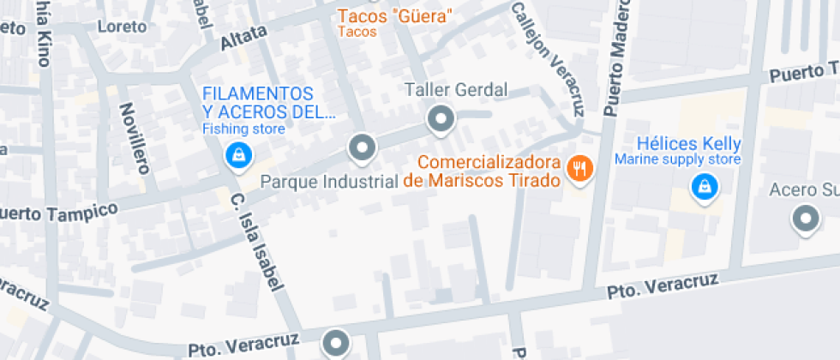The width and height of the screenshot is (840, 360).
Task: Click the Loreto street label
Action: pos(117,26)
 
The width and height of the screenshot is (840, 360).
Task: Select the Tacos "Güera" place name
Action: pos(395,16)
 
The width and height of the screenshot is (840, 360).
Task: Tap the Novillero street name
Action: pos(133,137)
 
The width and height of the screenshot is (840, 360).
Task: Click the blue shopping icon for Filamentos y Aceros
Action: pos(237,155)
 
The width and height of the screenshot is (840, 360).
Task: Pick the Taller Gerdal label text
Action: pos(456,90)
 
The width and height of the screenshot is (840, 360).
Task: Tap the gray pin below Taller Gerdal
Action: pos(441,119)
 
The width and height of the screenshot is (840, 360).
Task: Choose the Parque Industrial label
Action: pos(328,182)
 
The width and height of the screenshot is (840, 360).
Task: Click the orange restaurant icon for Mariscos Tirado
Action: pos(579,168)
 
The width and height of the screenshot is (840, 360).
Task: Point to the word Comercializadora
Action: pos(489,161)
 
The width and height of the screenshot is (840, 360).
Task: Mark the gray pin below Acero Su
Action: pos(806,219)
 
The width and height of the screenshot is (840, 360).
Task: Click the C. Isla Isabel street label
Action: pos(257,241)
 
